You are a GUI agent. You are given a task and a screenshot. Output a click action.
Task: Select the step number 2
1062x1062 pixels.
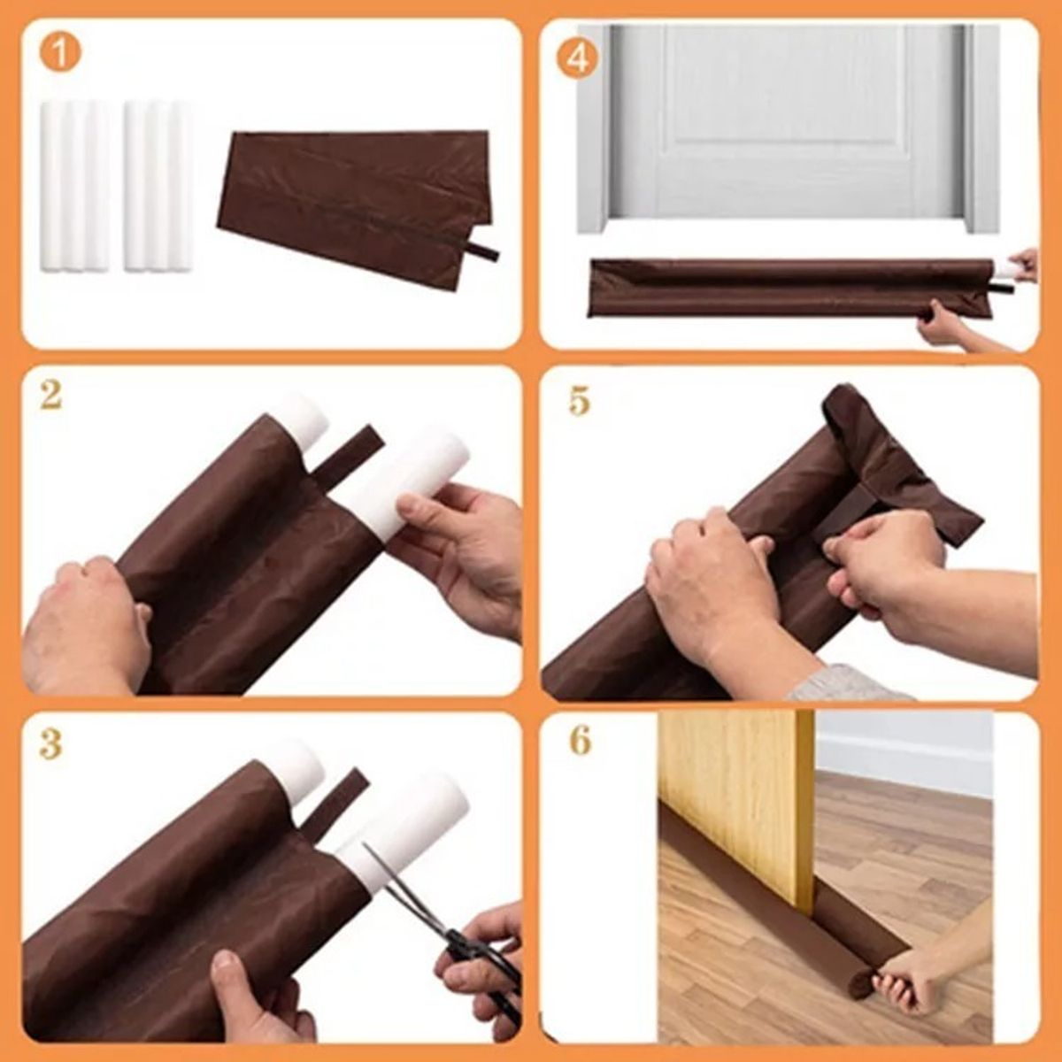pos(50,395)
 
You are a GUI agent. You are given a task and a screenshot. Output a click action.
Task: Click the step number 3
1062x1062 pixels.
pos(50,745)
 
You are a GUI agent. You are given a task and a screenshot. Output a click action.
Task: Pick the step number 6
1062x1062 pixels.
pos(580,740)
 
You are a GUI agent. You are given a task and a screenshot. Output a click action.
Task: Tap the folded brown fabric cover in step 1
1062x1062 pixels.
pos(354,204)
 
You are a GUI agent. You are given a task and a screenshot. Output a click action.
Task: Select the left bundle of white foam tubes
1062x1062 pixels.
pos(74,186)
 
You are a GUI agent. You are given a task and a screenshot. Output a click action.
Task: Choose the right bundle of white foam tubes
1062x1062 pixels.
pos(158,186)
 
